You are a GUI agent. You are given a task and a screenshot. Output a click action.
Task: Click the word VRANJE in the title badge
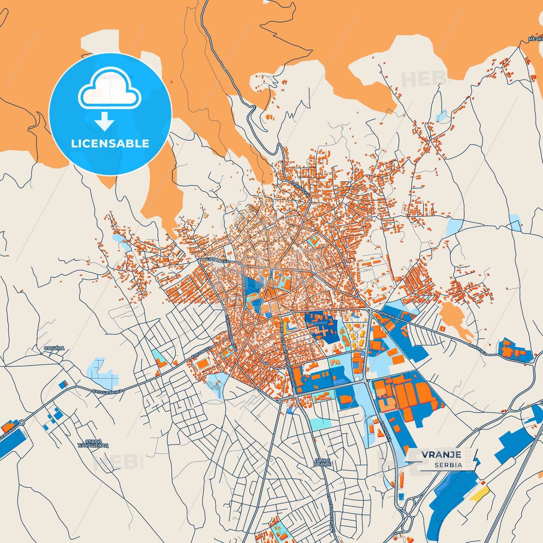click(x=441, y=454)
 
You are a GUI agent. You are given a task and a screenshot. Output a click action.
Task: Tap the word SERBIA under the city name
click(x=448, y=465)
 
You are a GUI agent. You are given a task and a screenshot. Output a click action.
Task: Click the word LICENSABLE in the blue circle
click(x=110, y=144)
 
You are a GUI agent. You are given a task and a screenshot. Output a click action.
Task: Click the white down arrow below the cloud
click(x=104, y=121)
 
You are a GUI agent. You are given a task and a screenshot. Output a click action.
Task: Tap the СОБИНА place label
click(x=54, y=348)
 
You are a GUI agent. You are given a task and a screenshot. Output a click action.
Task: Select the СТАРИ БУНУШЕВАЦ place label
click(x=93, y=444)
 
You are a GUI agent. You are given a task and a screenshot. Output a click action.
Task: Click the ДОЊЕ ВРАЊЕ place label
click(x=322, y=462)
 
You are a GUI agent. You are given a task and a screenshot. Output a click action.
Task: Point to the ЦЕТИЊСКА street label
click(x=218, y=260)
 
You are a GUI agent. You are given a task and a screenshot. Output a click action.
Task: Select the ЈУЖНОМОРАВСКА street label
click(x=230, y=333)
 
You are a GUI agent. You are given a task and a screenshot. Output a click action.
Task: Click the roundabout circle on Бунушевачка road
click(x=22, y=423)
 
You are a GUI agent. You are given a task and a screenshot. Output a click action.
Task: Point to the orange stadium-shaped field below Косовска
click(x=203, y=363)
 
